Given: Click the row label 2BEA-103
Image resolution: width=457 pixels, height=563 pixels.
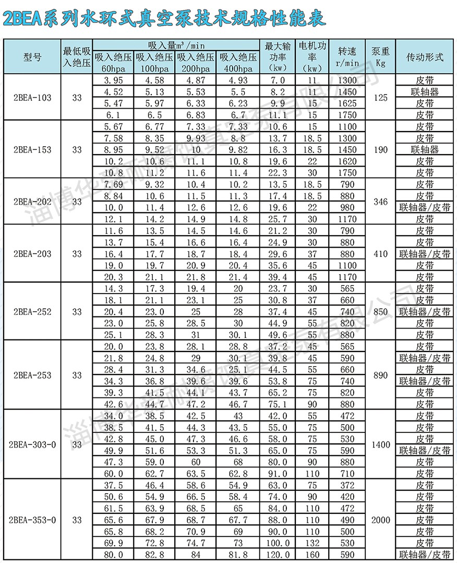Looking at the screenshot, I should point(32,97).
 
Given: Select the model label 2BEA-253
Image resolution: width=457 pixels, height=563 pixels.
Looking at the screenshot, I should point(32,375).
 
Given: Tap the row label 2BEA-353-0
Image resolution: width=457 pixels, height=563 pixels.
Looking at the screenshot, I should point(32,520).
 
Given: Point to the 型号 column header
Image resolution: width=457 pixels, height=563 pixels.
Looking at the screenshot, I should point(32,57).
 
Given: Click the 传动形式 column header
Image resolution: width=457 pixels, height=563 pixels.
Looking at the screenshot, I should point(425,57).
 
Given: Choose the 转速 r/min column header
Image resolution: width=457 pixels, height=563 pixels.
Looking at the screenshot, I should point(347,57).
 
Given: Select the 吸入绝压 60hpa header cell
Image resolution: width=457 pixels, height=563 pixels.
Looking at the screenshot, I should point(113,62).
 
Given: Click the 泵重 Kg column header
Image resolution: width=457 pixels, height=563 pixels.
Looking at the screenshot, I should point(380,57).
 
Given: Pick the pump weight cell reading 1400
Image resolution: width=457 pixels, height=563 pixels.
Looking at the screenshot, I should point(380,444).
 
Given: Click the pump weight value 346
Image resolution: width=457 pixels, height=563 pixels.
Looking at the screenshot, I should point(380,202).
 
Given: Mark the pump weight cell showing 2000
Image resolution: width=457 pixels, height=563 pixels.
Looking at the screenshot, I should point(380,520).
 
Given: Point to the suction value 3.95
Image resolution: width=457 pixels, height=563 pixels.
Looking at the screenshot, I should point(113,80).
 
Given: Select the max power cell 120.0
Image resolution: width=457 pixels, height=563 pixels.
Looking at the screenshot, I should point(278,555).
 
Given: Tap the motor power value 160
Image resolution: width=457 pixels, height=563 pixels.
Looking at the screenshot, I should point(312,555).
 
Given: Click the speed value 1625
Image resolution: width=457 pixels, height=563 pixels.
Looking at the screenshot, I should point(347,103).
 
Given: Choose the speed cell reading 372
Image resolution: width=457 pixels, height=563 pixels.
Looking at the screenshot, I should point(347,485).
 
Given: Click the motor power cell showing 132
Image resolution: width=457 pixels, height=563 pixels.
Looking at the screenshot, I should point(312,543).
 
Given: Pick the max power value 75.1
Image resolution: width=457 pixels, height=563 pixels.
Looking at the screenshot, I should point(278,404).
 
